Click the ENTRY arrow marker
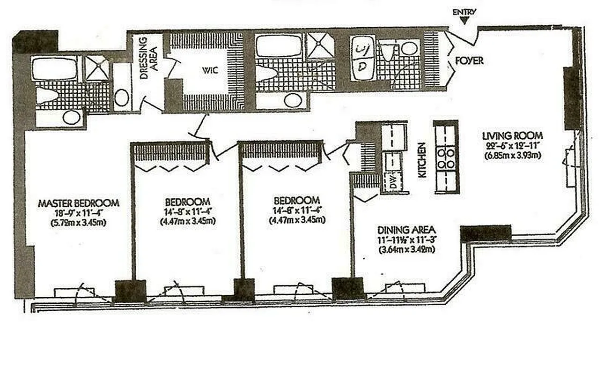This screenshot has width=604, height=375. click(464, 20)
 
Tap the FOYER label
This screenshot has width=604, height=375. click(469, 61)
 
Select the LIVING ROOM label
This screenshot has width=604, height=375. click(513, 136)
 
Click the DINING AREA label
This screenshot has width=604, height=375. click(407, 231)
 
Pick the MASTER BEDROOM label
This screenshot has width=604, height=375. click(79, 203)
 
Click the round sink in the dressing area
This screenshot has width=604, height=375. click(122, 97)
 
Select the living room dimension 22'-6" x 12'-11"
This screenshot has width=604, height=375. click(512, 146)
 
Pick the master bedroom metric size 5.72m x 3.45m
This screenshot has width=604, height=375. click(79, 223)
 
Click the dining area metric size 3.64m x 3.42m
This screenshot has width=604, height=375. click(407, 250)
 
